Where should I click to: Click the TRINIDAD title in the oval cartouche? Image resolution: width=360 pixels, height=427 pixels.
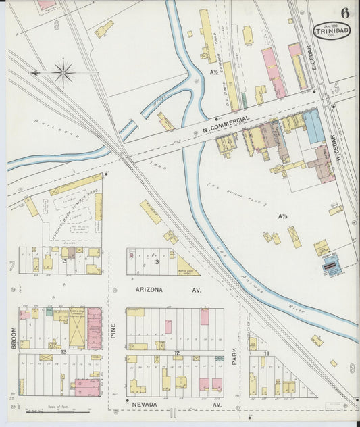(332, 30)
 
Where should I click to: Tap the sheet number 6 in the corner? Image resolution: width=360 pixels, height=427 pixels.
(344, 12)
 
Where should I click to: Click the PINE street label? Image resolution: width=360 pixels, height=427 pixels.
(113, 330)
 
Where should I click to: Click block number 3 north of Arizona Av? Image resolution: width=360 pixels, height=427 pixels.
(157, 261)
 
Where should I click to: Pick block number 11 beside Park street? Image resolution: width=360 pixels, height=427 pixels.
(267, 354)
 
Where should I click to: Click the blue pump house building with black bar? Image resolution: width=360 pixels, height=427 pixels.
(332, 266)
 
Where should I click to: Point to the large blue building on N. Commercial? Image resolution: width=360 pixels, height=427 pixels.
(313, 127)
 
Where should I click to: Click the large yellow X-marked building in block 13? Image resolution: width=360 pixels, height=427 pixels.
(77, 328)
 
